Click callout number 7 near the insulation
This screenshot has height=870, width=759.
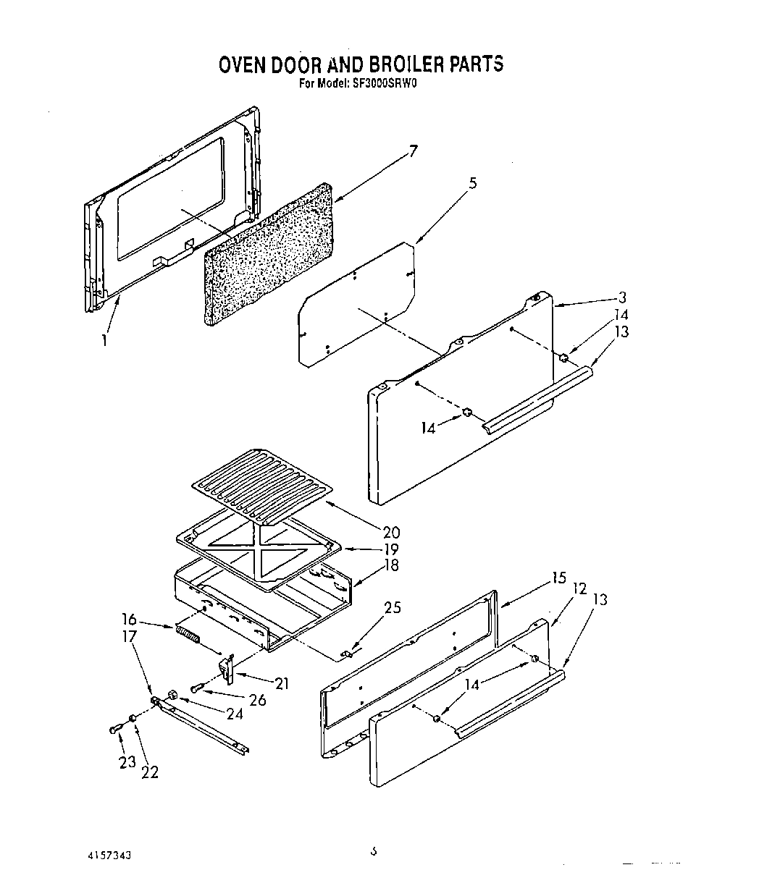pyautogui.click(x=413, y=151)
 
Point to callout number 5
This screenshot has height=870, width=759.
pyautogui.click(x=472, y=184)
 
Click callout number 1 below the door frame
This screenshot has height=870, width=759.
pyautogui.click(x=104, y=339)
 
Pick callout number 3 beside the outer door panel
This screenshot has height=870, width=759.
pyautogui.click(x=622, y=297)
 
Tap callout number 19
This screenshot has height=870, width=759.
pyautogui.click(x=391, y=549)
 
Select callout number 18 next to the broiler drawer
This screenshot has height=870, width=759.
pyautogui.click(x=391, y=565)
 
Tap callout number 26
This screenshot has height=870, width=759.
pyautogui.click(x=257, y=700)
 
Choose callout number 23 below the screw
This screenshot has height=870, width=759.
pyautogui.click(x=128, y=761)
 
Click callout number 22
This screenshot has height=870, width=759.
pyautogui.click(x=150, y=772)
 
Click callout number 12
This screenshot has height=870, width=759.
pyautogui.click(x=579, y=589)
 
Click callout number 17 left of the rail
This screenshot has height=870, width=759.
pyautogui.click(x=130, y=637)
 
